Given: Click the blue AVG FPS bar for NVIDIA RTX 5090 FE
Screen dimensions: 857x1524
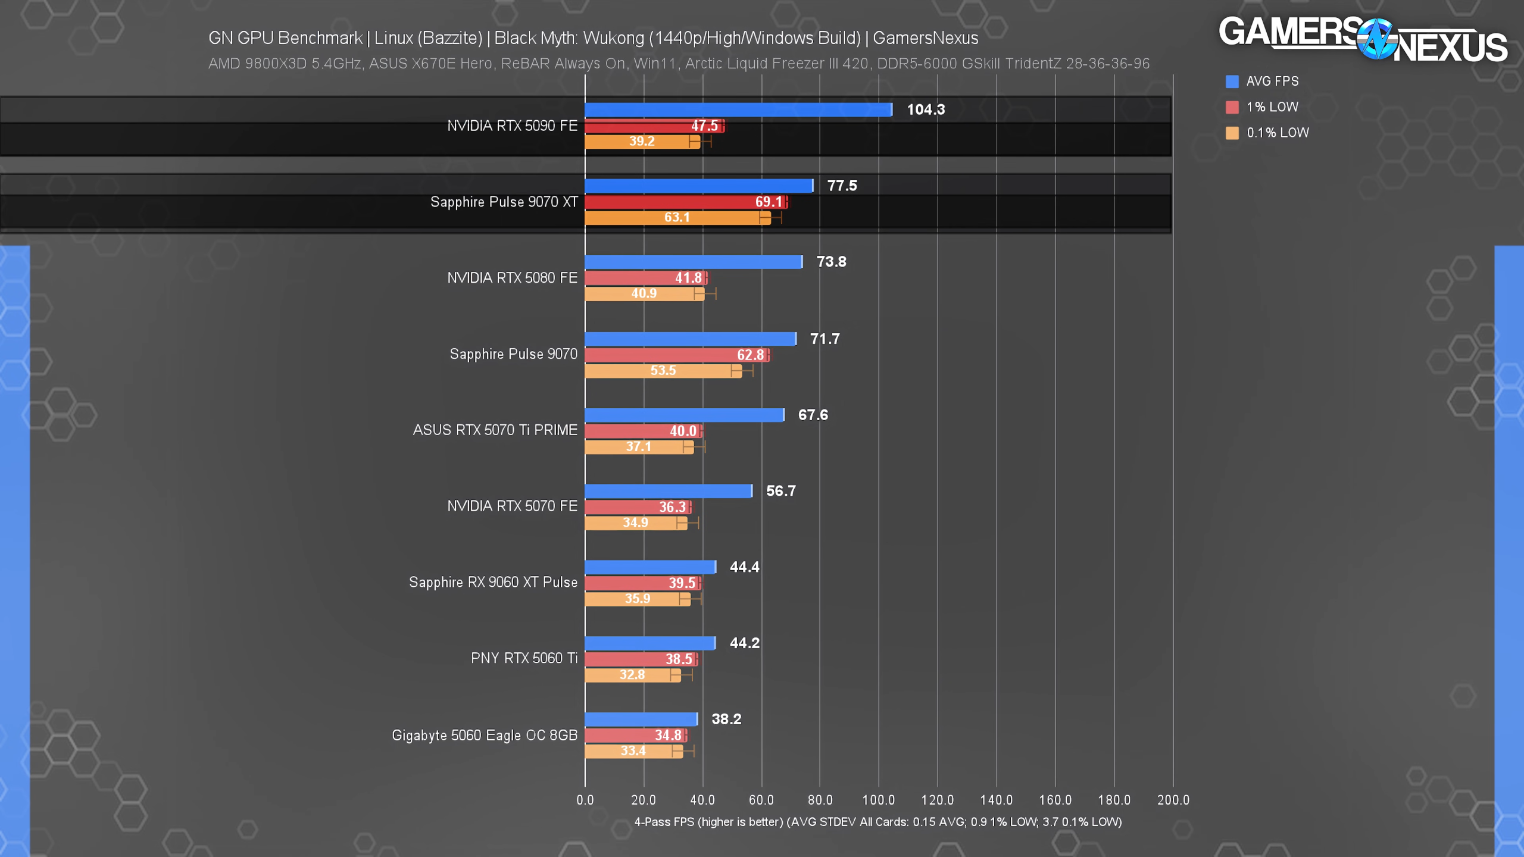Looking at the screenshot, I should point(738,110).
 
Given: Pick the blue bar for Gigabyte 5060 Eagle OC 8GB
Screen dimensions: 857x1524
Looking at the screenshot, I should point(641,719).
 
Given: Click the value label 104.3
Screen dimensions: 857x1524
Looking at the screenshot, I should point(926,110).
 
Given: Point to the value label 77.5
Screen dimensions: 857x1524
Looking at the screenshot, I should point(842,186).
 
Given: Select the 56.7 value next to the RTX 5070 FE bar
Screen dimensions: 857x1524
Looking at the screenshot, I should point(780,491).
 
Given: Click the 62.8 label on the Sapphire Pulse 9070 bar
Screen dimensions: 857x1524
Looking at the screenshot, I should point(750,355).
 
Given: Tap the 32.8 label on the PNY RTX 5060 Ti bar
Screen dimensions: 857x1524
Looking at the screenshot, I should point(632,675).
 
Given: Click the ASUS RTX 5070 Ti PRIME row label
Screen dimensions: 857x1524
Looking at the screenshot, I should point(495,430).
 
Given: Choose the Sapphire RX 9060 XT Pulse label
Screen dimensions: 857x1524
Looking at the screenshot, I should point(493,582).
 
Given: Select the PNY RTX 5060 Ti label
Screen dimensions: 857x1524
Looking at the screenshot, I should point(524,658).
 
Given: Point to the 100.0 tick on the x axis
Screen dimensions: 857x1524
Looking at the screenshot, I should point(879,800).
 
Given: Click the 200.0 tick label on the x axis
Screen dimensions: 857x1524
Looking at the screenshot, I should point(1173,800).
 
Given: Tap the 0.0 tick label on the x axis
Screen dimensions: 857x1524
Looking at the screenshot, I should point(585,800).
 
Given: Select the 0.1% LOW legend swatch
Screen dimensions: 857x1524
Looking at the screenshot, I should point(1232,133).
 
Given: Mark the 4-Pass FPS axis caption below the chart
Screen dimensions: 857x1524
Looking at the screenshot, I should point(877,822).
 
